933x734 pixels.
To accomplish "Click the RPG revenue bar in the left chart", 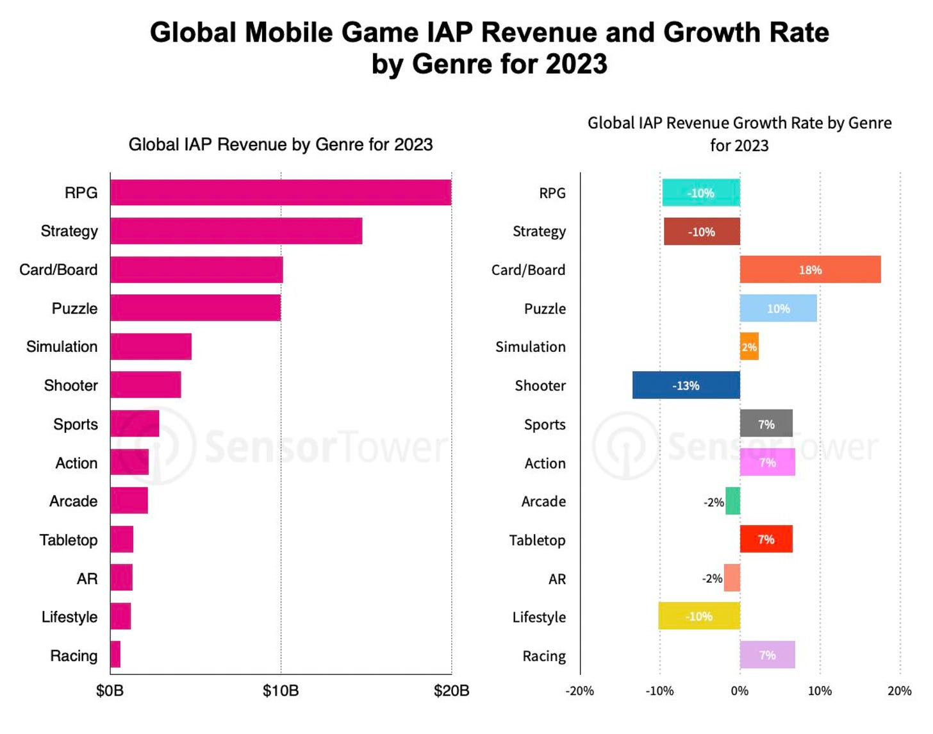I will pyautogui.click(x=281, y=192).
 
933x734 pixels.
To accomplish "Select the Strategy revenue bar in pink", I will pyautogui.click(x=236, y=231).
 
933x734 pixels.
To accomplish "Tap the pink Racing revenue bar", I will pyautogui.click(x=115, y=655).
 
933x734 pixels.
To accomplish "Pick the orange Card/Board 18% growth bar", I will pyautogui.click(x=810, y=270).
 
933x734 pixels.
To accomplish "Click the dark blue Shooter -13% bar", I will pyautogui.click(x=686, y=385).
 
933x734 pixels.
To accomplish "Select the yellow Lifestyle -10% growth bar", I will pyautogui.click(x=698, y=616).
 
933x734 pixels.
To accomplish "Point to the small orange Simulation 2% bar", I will pyautogui.click(x=749, y=347).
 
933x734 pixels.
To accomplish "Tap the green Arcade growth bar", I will pyautogui.click(x=733, y=501).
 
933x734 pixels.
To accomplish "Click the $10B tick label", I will pyautogui.click(x=281, y=691).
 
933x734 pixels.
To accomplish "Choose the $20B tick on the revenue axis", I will pyautogui.click(x=451, y=691).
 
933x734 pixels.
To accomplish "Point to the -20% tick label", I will pyautogui.click(x=579, y=691).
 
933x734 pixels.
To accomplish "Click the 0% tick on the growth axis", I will pyautogui.click(x=739, y=691).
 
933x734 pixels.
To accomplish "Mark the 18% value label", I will pyautogui.click(x=810, y=271).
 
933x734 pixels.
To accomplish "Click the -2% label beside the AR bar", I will pyautogui.click(x=712, y=578).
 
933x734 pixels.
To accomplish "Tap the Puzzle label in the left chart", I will pyautogui.click(x=74, y=308).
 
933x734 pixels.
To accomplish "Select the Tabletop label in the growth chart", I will pyautogui.click(x=537, y=540).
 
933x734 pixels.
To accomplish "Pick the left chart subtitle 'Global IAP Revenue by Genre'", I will pyautogui.click(x=280, y=145).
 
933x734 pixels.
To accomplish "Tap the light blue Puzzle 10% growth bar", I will pyautogui.click(x=778, y=308).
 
